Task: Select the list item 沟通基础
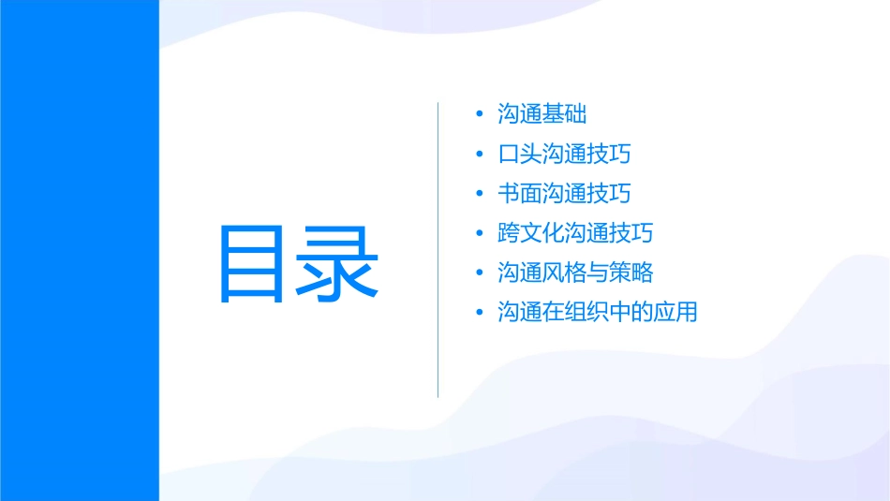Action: tap(542, 114)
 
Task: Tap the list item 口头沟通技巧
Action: tap(564, 154)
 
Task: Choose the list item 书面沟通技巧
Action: tap(564, 194)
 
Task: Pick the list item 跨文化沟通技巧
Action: tap(575, 233)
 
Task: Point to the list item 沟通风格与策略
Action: tap(575, 273)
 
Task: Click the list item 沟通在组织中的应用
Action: tap(598, 313)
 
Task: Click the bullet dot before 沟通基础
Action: tap(481, 115)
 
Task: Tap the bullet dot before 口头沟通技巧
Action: tap(481, 155)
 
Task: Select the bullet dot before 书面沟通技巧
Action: tap(481, 194)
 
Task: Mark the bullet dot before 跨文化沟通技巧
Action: tap(481, 234)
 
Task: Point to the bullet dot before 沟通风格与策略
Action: tap(481, 273)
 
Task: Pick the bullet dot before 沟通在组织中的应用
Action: tap(481, 313)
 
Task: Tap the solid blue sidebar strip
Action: tap(79, 250)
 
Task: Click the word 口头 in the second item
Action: tap(520, 154)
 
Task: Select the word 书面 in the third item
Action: tap(520, 194)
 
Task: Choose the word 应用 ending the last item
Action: tap(676, 313)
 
